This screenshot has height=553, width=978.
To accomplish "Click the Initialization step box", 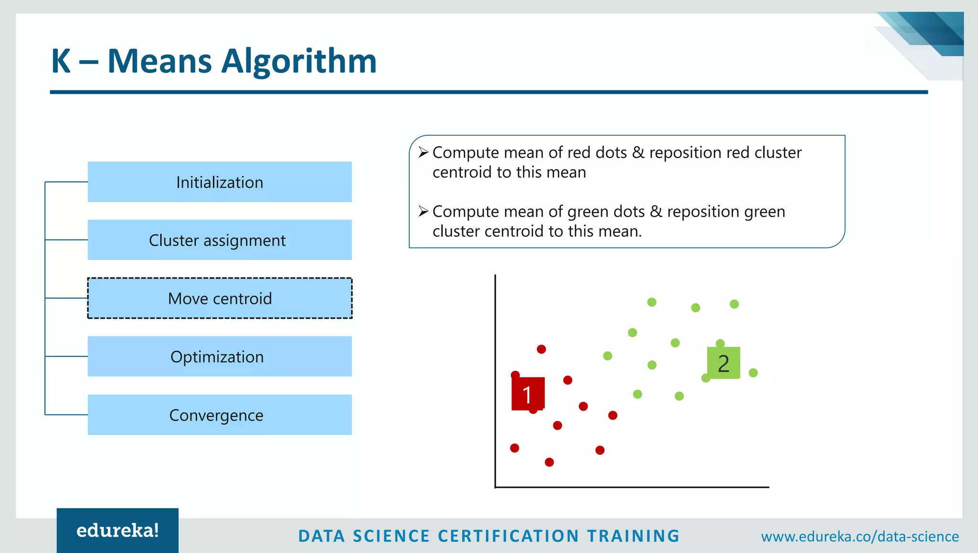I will [x=220, y=182].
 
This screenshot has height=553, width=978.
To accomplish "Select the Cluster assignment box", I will [x=220, y=240].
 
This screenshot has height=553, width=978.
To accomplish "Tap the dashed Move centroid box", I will [x=220, y=298].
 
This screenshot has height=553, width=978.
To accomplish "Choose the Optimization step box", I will [x=220, y=357].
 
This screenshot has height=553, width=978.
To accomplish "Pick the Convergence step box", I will [x=220, y=415].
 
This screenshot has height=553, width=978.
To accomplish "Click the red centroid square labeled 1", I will [x=528, y=394].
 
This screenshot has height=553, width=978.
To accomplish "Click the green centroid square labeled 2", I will [x=723, y=363].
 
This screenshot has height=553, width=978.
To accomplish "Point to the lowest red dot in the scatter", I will [x=549, y=462].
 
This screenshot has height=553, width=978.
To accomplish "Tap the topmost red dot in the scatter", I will [x=541, y=349].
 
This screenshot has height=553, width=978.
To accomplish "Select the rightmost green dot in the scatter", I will [x=753, y=373].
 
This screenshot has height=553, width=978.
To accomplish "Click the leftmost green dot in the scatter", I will [x=607, y=356].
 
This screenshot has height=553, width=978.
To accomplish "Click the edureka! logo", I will [x=117, y=531].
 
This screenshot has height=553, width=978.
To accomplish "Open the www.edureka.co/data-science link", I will [x=860, y=536].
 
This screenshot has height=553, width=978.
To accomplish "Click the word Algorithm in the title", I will [x=299, y=61].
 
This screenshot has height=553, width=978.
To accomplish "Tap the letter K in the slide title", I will [x=61, y=61].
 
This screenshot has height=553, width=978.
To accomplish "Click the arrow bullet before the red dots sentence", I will [x=423, y=152].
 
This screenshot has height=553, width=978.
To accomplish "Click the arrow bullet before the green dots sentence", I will [x=423, y=211].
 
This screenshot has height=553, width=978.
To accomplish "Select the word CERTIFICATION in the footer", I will [x=508, y=536].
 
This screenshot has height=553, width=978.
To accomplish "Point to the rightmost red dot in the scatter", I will [x=613, y=415].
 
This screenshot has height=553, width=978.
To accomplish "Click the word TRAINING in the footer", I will [x=633, y=536].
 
